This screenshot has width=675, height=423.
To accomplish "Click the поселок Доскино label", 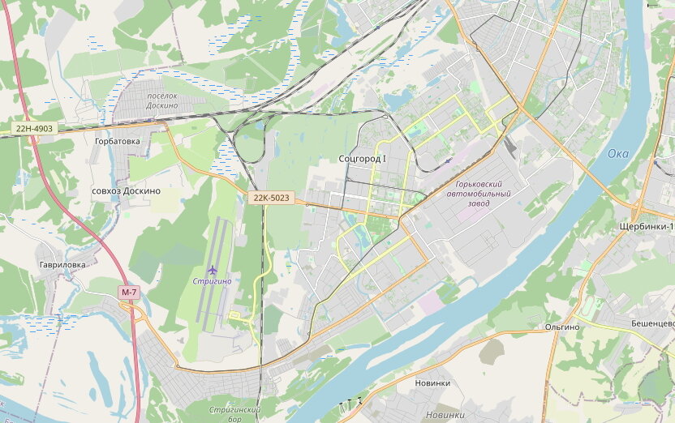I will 162,100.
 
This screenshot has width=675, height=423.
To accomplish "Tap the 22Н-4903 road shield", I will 33,128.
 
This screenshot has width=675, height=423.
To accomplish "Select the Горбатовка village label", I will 117,141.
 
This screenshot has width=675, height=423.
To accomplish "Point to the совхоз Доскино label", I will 126,190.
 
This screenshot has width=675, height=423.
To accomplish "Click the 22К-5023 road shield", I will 271,198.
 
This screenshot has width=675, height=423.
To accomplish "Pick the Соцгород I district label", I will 362,159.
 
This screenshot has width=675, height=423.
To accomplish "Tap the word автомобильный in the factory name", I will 479,194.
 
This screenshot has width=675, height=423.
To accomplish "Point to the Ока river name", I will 618,154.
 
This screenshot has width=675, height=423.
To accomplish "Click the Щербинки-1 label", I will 646,226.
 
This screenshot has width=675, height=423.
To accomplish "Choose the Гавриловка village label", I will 62,264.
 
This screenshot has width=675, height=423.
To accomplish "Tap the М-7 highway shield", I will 129,292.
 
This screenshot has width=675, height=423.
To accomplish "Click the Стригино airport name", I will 212,281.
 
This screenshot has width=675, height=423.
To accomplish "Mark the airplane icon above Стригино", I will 213,269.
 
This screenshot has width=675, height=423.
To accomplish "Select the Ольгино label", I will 562,327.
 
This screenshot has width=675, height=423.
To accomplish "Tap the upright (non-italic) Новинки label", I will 432,382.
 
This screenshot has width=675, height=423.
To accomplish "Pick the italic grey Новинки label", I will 445,415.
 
